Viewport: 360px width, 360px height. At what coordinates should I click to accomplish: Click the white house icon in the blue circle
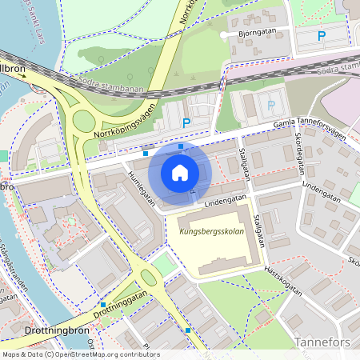180,172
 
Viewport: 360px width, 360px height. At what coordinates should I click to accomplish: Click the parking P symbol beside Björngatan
322,35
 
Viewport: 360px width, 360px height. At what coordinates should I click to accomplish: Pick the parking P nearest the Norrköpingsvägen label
186,123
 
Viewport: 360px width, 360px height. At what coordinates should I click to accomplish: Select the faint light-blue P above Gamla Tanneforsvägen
270,105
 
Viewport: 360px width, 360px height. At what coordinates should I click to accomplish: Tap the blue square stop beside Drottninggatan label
103,305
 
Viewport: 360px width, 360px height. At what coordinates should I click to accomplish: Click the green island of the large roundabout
83,122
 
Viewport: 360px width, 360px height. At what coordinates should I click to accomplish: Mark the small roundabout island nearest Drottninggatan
148,278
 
